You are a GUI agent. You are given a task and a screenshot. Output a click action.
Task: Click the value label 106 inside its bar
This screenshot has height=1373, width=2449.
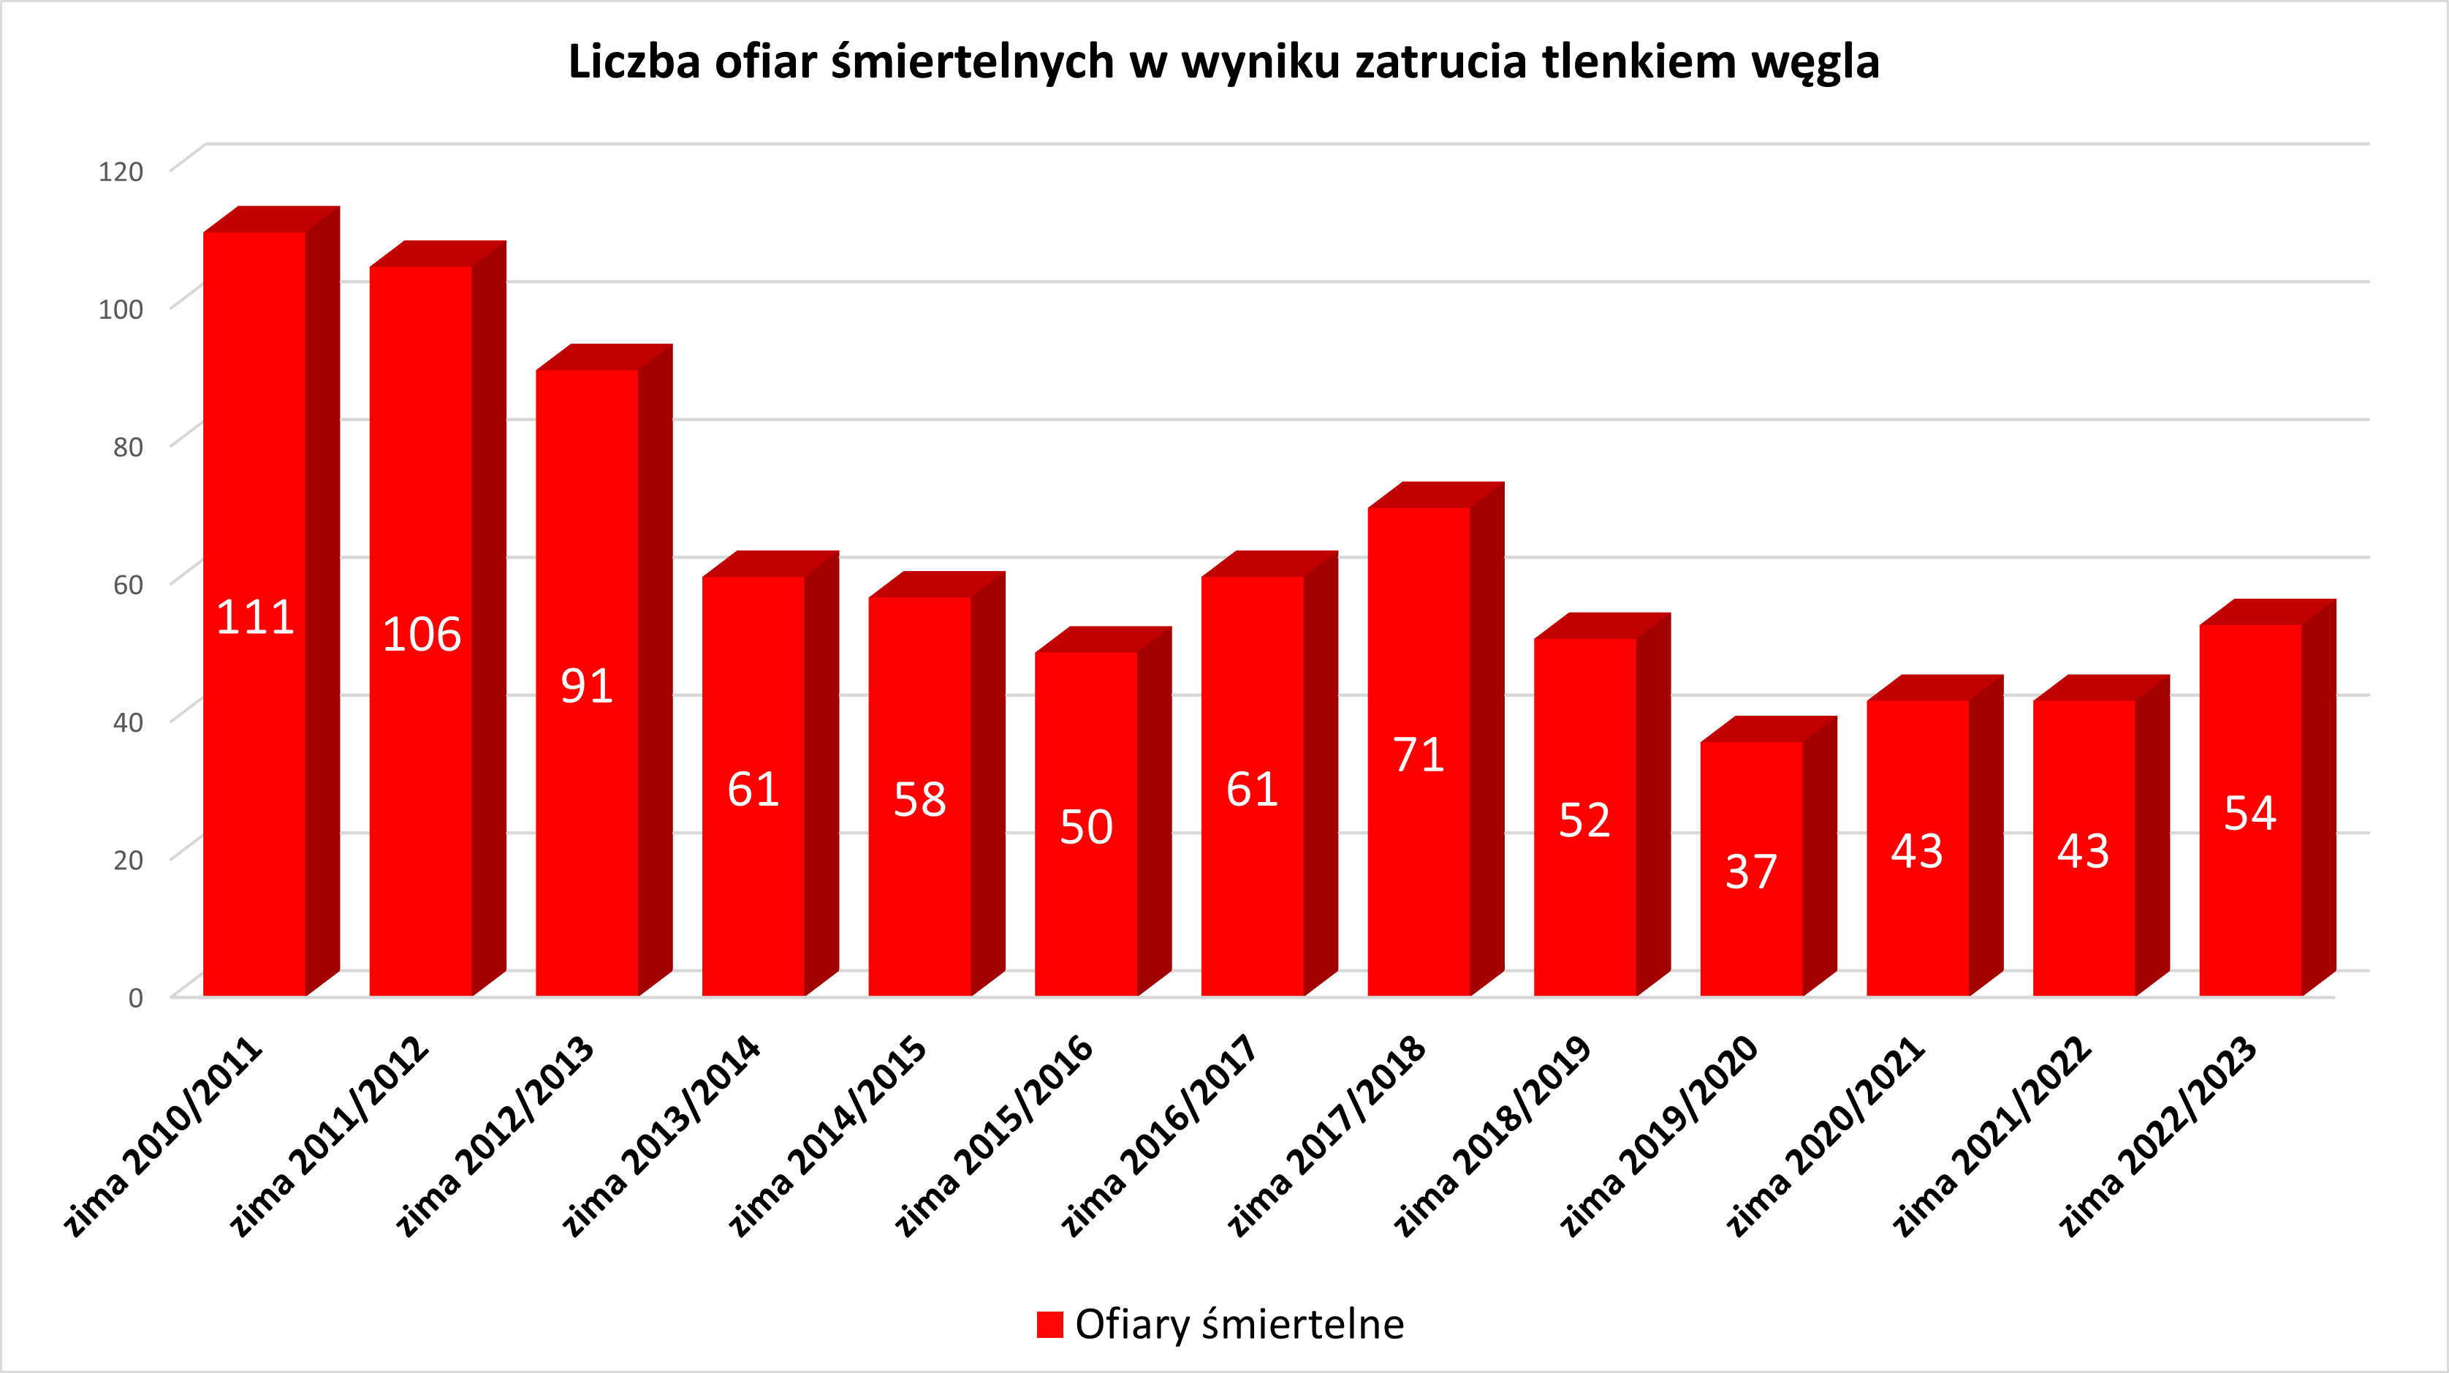tap(421, 634)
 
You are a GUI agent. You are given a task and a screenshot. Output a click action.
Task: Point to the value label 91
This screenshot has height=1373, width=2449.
tap(587, 686)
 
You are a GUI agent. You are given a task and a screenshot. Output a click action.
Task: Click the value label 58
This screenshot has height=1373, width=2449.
tap(919, 800)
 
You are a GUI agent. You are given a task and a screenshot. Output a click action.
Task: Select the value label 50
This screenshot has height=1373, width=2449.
tap(1086, 827)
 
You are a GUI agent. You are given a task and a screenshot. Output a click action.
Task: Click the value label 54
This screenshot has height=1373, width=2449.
tap(2249, 814)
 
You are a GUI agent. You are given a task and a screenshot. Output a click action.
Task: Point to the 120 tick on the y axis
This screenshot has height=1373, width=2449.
tap(121, 172)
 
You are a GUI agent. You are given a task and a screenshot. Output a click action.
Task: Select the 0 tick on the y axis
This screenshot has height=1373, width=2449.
tap(136, 997)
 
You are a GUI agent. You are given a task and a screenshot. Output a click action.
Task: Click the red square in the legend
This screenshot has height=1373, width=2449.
tap(1049, 1325)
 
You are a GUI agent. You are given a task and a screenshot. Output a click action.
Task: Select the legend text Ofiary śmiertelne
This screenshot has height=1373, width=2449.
tap(1239, 1325)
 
